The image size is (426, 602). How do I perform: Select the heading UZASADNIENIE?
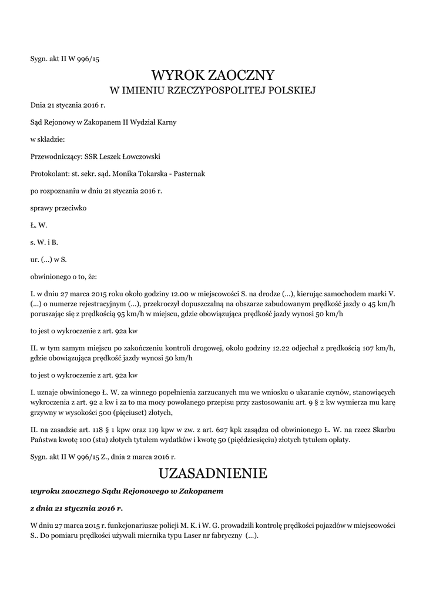click(x=213, y=473)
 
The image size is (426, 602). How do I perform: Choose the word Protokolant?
click(x=49, y=174)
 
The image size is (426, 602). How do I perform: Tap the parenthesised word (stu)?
click(x=99, y=439)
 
